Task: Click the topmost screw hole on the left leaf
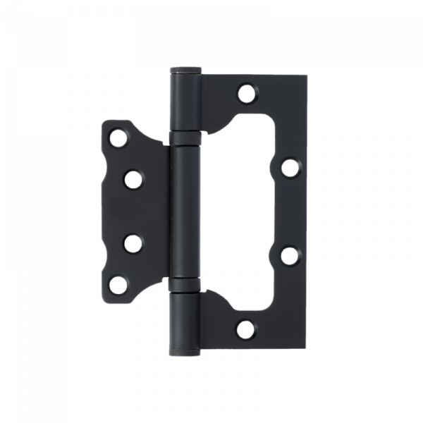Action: coord(116,137)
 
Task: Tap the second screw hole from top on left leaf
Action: coord(132,179)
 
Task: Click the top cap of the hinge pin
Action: coord(185,68)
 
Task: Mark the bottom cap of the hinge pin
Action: coord(185,354)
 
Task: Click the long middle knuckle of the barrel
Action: coord(185,211)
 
